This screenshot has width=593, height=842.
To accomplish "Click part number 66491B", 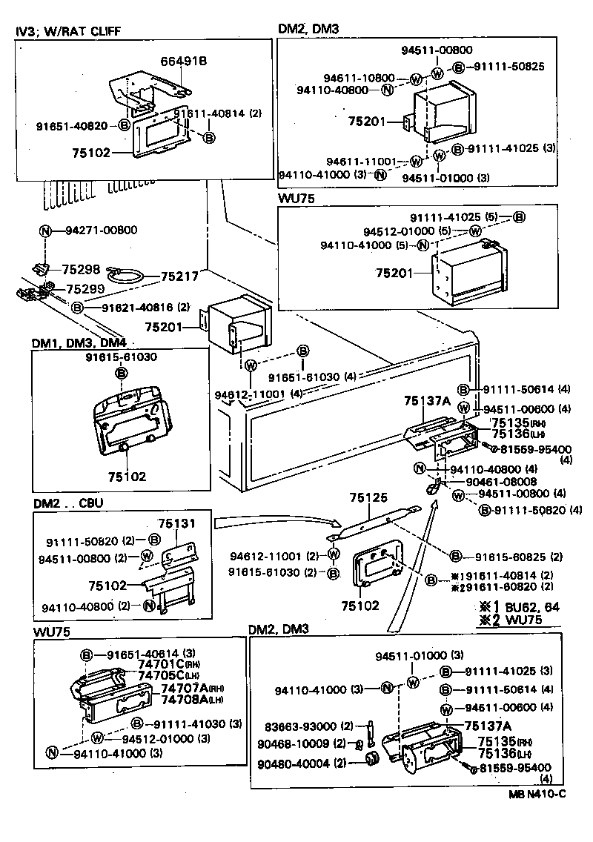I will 184,62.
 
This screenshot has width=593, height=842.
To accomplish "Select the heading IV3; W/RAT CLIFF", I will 67,30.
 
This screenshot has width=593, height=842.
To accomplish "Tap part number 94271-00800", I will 100,231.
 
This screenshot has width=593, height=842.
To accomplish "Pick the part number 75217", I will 179,277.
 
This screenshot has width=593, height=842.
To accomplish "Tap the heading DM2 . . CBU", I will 68,503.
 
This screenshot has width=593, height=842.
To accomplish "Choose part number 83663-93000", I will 304,726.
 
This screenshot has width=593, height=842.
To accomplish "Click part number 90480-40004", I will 304,763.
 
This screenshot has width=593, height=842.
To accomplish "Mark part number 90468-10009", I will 304,744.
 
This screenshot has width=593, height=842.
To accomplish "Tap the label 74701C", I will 168,665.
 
